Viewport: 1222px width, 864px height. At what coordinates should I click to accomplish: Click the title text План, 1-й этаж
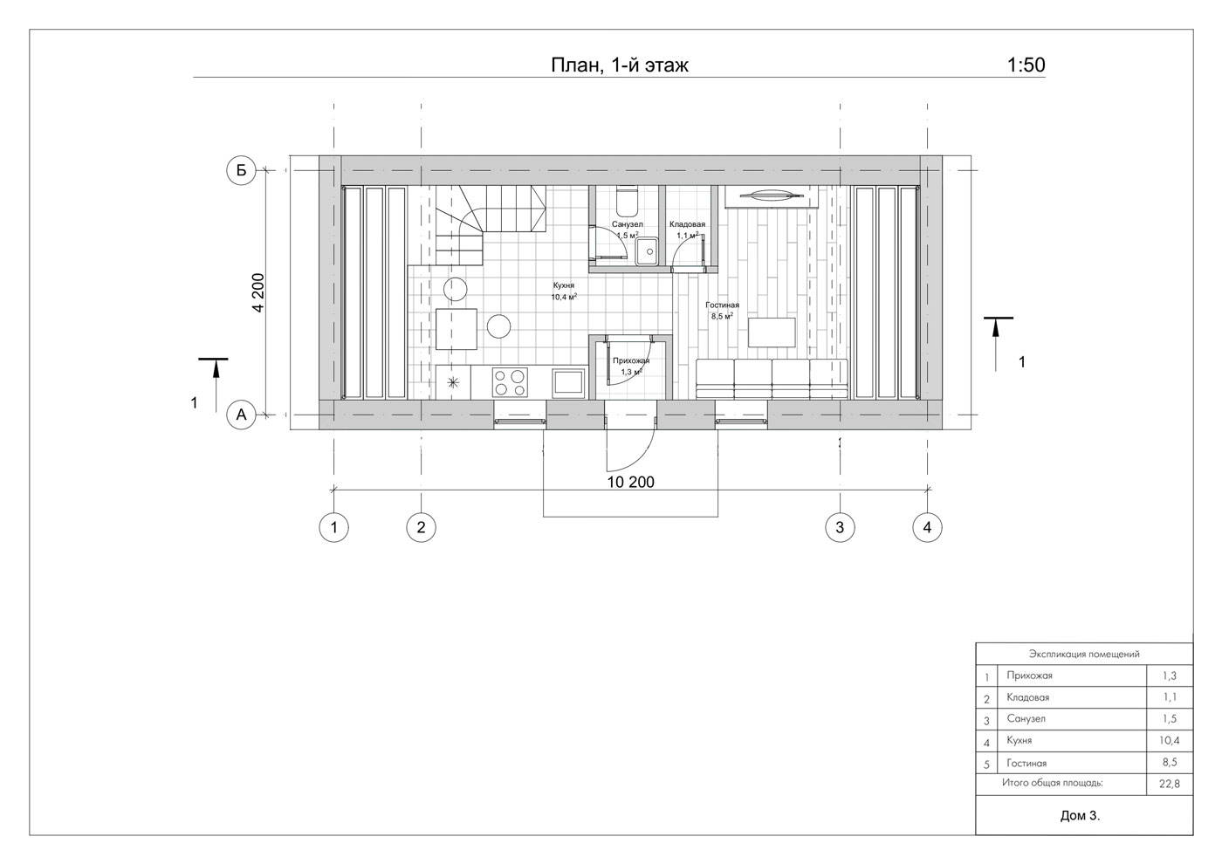tap(619, 65)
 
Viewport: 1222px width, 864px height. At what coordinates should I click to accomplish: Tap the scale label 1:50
tap(1026, 65)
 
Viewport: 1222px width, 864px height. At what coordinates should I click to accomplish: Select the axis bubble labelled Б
tap(241, 170)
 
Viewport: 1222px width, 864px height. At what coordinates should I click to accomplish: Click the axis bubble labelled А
tap(241, 415)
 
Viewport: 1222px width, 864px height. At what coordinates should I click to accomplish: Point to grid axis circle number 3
tap(840, 527)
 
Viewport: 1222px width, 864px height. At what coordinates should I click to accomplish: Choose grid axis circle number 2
tap(421, 527)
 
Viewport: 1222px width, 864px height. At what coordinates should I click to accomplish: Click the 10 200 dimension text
tap(630, 482)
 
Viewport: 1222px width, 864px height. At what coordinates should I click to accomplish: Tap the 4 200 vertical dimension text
tap(258, 293)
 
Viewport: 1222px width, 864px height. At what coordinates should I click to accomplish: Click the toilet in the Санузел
tap(627, 202)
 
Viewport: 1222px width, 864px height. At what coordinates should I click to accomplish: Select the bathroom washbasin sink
tap(647, 251)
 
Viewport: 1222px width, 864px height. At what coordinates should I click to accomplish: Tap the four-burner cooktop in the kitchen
tap(510, 382)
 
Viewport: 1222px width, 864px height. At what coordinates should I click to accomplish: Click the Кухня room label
tap(564, 285)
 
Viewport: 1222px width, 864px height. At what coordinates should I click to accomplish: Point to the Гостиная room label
tap(722, 305)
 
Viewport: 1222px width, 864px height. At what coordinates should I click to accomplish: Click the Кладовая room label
tap(688, 224)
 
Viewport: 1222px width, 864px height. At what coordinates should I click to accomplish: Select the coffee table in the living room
tap(772, 333)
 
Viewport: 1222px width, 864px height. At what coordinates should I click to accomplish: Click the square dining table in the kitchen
tap(456, 329)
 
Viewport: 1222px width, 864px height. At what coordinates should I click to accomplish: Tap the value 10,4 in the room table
tap(1170, 741)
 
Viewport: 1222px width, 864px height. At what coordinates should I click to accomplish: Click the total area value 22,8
tap(1170, 785)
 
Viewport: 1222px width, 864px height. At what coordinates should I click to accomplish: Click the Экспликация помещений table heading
tap(1084, 654)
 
